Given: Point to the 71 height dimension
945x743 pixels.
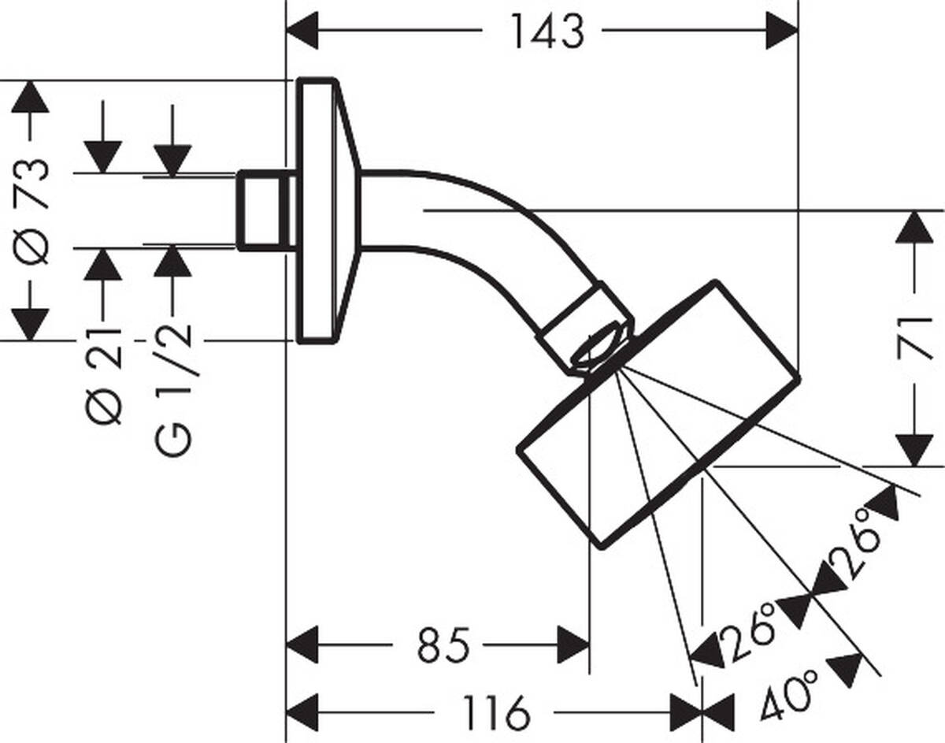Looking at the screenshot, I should point(914,339).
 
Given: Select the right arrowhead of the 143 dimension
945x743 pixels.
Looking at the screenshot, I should point(781,32).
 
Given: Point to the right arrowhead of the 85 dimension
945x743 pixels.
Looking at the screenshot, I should point(573,645).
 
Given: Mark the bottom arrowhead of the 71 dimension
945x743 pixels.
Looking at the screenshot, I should point(914,450).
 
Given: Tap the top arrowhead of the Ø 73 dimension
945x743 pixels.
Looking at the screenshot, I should point(30,96).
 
